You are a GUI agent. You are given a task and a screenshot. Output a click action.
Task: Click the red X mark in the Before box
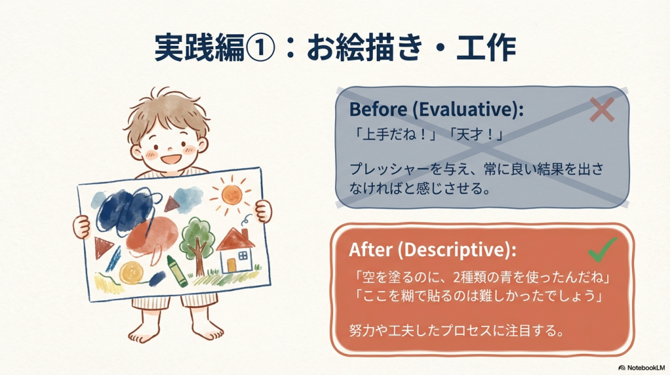tap(602, 109)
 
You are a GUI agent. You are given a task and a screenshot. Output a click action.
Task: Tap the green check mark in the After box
tap(602, 250)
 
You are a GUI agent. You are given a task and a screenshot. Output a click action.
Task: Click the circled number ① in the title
tap(260, 47)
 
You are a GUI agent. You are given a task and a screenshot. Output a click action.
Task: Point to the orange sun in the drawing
tap(232, 195)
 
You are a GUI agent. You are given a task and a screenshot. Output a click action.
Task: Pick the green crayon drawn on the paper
tap(177, 271)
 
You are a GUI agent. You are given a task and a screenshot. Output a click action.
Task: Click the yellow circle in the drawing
tap(131, 273)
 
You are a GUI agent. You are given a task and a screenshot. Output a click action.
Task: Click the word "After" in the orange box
tap(370, 249)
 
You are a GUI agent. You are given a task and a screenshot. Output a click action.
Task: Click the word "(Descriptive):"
tap(457, 250)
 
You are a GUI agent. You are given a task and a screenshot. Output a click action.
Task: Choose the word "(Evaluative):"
tap(468, 109)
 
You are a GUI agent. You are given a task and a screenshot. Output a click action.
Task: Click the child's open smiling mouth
tap(169, 159)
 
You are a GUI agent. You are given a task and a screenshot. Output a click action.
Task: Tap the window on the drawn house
tap(243, 256)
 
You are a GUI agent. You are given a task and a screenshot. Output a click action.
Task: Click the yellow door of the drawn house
tap(231, 265)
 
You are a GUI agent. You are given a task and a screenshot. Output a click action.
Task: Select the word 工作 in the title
tap(486, 47)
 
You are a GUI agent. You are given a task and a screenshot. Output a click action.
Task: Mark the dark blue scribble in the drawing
tap(125, 212)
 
